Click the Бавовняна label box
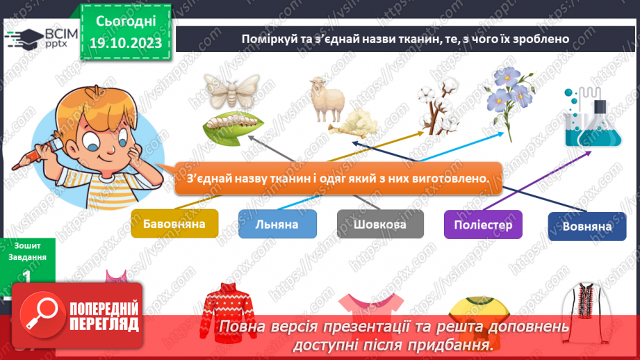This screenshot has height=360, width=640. [x=174, y=224]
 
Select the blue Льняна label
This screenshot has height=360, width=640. [x=277, y=224]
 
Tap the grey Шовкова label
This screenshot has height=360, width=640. [x=380, y=224]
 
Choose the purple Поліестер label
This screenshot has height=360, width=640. [x=483, y=224]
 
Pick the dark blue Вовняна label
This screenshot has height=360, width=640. [x=587, y=227]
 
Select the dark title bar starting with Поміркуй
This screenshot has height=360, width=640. [x=406, y=39]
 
